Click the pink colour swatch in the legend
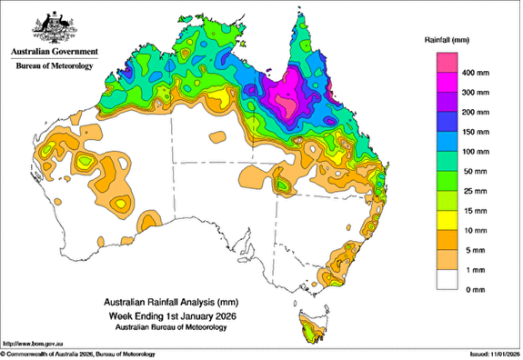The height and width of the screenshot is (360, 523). pyautogui.click(x=446, y=63)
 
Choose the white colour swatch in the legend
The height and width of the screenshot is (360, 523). pyautogui.click(x=446, y=280)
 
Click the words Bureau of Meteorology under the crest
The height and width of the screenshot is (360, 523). pyautogui.click(x=51, y=66)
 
